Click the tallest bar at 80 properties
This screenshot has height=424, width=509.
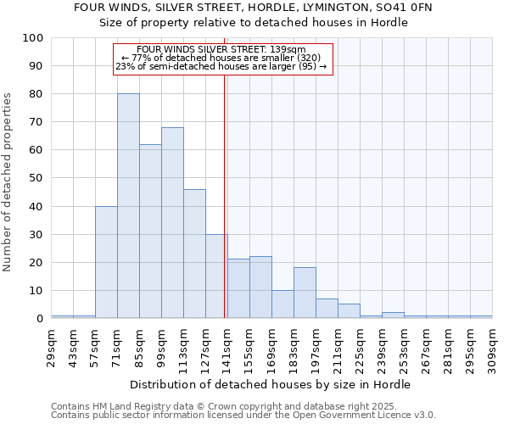point(128,206)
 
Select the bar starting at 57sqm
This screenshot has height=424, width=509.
point(106,262)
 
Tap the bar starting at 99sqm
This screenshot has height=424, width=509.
point(172,223)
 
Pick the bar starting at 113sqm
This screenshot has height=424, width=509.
point(194,254)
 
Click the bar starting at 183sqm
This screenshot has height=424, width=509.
point(305,293)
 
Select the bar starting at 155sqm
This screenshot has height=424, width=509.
point(260,287)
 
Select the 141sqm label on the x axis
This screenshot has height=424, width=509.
point(228,347)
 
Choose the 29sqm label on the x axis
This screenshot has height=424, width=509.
point(52,347)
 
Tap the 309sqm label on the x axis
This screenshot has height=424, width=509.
point(493,347)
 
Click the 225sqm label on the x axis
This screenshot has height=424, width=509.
point(361,347)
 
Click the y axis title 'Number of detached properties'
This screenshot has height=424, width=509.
point(8,182)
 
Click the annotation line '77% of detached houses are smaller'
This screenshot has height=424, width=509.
point(221,58)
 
